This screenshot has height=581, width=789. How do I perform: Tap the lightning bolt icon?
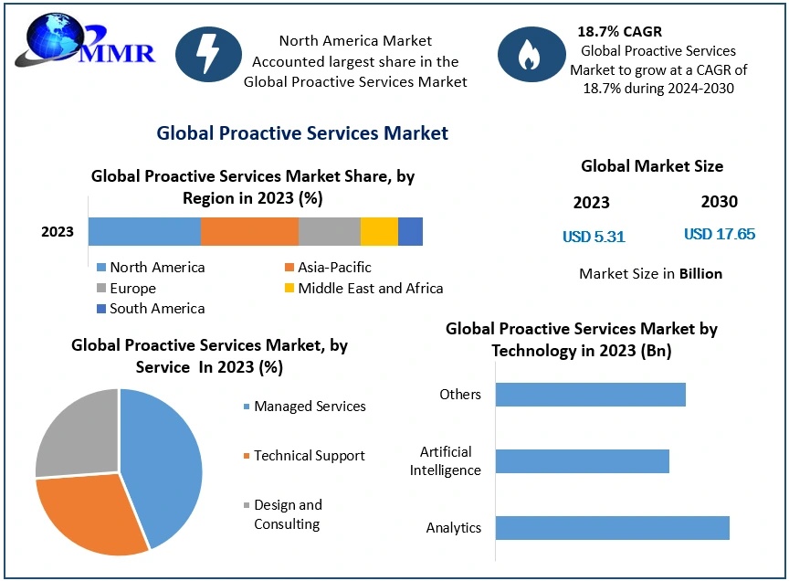[x=207, y=55]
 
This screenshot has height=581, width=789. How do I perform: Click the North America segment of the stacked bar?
[x=144, y=231]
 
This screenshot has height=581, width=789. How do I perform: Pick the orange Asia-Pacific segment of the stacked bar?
[x=249, y=231]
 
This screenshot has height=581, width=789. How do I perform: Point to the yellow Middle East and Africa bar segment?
[x=379, y=231]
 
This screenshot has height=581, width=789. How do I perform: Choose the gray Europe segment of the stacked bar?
[x=330, y=231]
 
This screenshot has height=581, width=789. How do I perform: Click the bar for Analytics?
[x=612, y=528]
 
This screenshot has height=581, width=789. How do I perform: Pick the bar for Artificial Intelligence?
[x=582, y=461]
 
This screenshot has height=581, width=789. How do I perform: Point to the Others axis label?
[x=459, y=395]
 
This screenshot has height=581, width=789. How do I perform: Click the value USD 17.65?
[x=720, y=234]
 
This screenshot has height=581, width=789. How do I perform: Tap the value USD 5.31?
[x=594, y=237]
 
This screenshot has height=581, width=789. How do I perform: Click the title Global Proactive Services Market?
[x=302, y=133]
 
